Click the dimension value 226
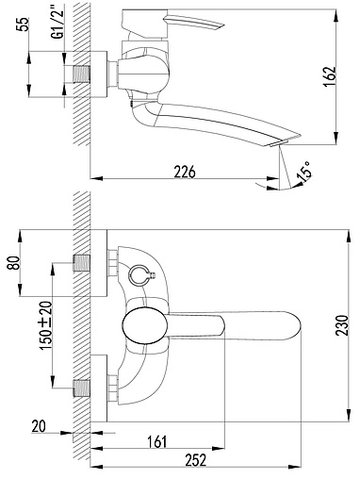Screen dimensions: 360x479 (x=185, y=172)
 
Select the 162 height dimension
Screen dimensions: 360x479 (x=330, y=76)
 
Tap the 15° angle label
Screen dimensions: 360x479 (x=305, y=172)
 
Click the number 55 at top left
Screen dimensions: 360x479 (x=23, y=25)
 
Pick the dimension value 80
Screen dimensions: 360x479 (x=14, y=263)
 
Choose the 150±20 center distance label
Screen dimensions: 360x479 (x=45, y=325)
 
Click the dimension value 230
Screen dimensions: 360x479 (x=342, y=325)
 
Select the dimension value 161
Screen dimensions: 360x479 (x=157, y=441)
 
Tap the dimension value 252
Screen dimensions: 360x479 (x=195, y=460)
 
